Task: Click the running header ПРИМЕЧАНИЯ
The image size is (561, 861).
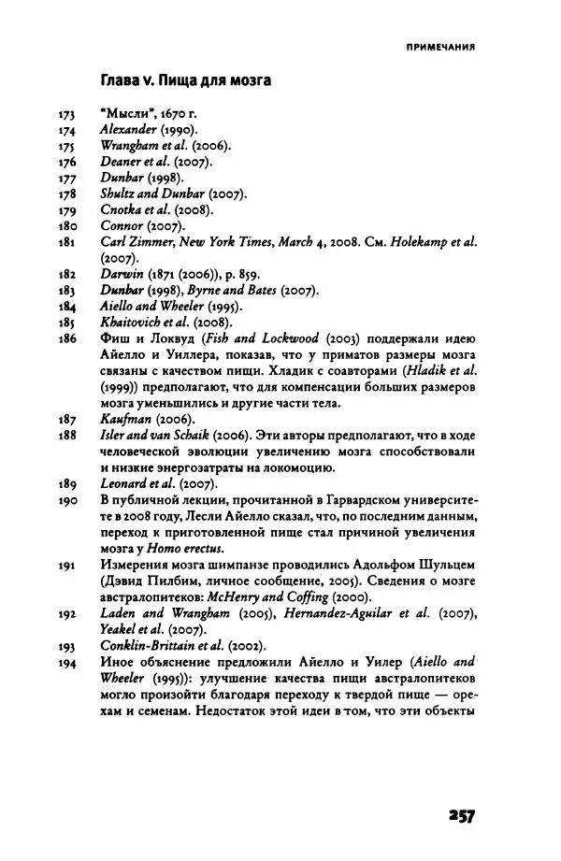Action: point(440,45)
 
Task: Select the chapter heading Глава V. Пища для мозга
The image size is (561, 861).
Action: point(185,81)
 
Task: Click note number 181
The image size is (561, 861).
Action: point(65,241)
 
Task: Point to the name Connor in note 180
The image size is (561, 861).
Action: point(122,225)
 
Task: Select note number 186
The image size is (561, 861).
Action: point(65,338)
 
